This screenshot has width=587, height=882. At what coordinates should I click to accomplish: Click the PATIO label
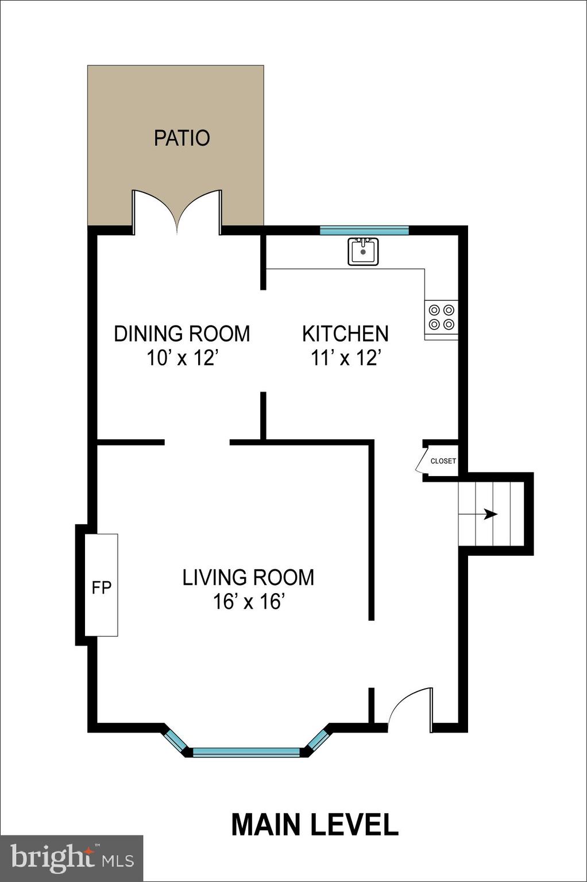point(181,138)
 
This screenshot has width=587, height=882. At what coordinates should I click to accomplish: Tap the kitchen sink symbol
point(363,252)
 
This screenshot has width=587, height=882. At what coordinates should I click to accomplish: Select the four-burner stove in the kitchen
point(441,318)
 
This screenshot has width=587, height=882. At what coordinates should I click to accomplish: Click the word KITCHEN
point(345,334)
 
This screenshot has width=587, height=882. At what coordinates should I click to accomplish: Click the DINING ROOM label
point(181,334)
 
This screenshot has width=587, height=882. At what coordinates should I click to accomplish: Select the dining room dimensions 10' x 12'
point(183,358)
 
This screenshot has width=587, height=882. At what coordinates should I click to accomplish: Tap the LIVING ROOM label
point(248,578)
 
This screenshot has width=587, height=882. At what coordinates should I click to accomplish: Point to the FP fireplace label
point(102,587)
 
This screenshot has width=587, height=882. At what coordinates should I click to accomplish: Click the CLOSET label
point(443,461)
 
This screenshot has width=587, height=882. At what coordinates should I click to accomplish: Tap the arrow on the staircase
point(489,514)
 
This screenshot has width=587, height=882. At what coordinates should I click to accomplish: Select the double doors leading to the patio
point(177,212)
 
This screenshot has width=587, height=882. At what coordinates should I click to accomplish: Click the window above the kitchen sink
point(364,231)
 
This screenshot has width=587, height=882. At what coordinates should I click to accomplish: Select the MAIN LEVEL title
point(314,825)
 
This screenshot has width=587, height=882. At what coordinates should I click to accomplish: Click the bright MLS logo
point(71,858)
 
